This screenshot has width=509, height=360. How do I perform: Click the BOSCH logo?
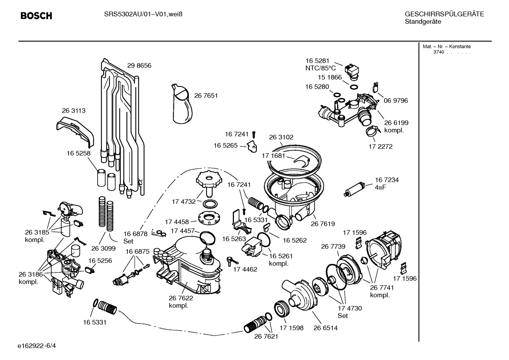point(36,16)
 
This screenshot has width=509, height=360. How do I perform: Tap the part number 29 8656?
point(139,66)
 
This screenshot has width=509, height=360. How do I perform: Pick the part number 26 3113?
point(73,111)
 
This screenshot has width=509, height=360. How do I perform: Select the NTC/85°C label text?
point(321,68)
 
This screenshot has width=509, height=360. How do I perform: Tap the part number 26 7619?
point(323,224)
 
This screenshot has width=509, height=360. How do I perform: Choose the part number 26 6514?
point(325,328)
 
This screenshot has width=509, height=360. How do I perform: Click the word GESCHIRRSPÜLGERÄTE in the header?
point(444,14)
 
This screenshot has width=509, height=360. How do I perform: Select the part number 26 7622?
point(181,298)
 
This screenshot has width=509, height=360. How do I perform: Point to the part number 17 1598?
point(291,328)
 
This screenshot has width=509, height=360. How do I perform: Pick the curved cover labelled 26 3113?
point(75,132)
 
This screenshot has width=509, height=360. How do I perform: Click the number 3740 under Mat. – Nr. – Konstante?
point(438,52)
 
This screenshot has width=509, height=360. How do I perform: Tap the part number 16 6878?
point(135,234)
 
